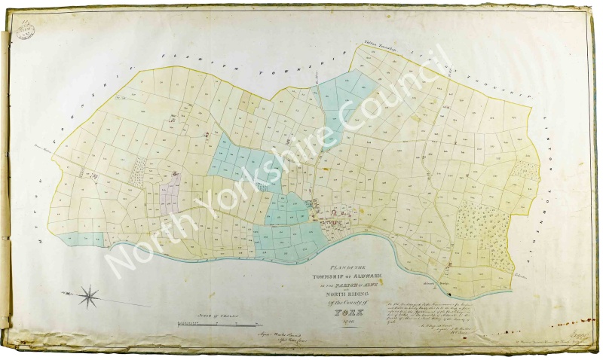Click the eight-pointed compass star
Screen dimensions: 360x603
pyautogui.click(x=90, y=295)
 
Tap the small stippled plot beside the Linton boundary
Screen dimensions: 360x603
pyautogui.click(x=525, y=170)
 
